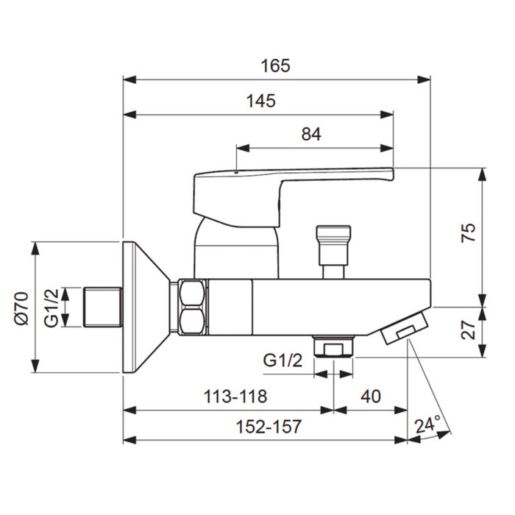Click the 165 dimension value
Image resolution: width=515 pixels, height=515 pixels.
(x=276, y=65)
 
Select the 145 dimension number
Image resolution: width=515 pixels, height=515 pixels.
(x=261, y=101)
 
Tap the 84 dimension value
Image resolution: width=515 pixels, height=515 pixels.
(x=311, y=134)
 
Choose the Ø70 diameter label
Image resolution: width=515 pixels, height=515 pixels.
(x=22, y=308)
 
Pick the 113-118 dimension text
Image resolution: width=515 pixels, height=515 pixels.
(x=235, y=397)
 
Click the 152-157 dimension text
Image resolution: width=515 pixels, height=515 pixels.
(x=269, y=427)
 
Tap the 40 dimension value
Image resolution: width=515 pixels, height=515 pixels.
(x=371, y=397)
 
